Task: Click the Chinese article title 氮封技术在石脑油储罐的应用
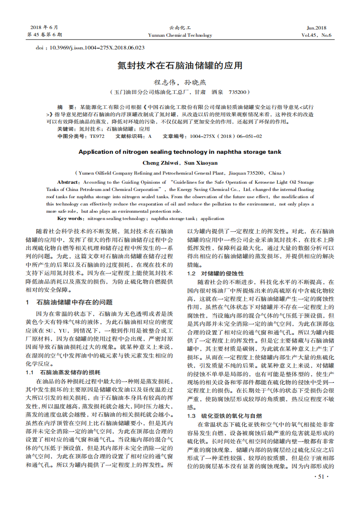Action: [180, 65]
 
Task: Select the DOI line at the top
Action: [90, 47]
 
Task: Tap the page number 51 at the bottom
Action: [321, 476]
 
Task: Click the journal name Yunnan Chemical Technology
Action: [180, 35]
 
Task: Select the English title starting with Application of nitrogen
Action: [180, 152]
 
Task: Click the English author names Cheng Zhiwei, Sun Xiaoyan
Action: [180, 162]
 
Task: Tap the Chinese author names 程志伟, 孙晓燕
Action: [180, 83]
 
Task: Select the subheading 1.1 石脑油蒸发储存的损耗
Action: [63, 372]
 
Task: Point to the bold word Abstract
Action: [68, 182]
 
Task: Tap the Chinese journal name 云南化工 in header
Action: [180, 28]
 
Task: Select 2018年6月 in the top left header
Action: [44, 28]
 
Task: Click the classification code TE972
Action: [97, 136]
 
